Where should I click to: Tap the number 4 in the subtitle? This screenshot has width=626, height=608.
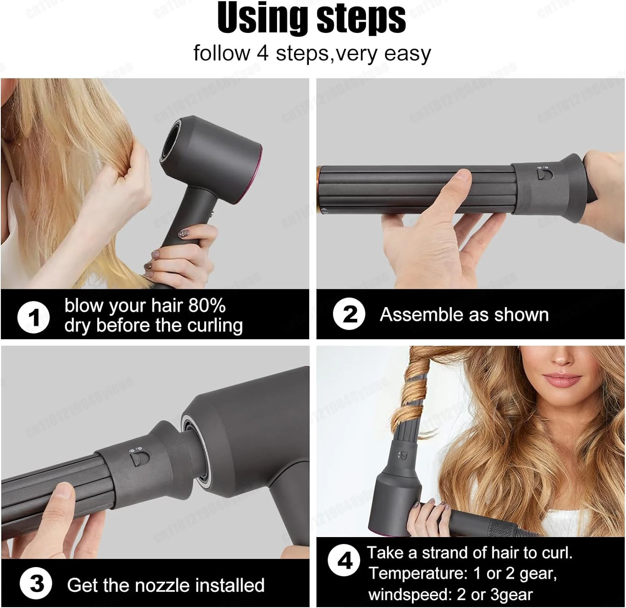(x=263, y=53)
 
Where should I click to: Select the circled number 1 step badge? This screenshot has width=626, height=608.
(x=33, y=318)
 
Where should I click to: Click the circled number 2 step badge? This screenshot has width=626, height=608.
(x=349, y=314)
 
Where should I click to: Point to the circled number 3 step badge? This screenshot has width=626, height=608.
(x=36, y=583)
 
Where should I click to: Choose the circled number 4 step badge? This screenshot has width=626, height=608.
(x=344, y=560)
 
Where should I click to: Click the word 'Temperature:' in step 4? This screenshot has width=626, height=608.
(x=418, y=573)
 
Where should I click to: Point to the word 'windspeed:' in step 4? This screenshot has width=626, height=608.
(x=409, y=594)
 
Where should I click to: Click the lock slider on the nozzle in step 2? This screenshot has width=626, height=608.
(x=542, y=174)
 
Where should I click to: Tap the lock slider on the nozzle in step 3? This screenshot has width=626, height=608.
(x=139, y=459)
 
